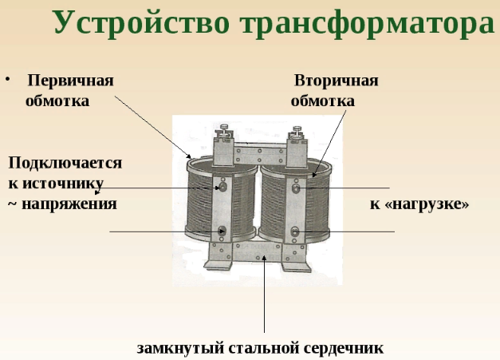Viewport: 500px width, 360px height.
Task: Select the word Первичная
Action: (70, 81)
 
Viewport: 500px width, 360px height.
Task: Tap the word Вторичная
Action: (336, 81)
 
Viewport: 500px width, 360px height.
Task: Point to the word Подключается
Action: (65, 163)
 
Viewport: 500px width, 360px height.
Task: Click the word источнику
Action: (63, 184)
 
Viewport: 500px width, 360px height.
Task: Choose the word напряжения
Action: (69, 204)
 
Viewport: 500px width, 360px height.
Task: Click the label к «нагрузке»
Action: (419, 204)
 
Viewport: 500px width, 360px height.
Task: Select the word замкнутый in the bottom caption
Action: (180, 348)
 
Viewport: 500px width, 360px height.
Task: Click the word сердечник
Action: (344, 348)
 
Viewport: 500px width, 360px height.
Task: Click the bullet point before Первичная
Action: (8, 79)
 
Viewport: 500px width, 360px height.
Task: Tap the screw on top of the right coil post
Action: (297, 130)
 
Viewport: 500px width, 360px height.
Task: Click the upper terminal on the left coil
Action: (223, 186)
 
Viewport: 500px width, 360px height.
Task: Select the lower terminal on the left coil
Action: (222, 230)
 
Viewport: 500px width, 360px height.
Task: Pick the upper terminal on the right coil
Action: (296, 188)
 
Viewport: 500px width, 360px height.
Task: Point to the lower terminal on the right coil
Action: (295, 231)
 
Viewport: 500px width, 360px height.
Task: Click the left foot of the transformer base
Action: (219, 263)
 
